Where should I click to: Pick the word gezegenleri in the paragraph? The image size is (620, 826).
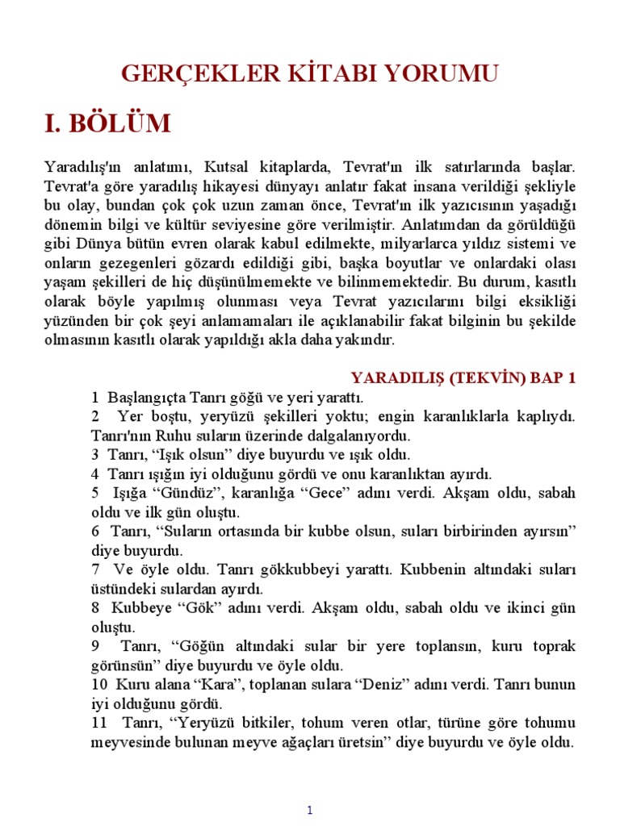coord(133,263)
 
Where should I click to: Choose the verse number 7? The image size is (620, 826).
coord(94,569)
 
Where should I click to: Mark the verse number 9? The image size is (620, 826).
coord(95,646)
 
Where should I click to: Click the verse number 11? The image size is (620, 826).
coord(98,723)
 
